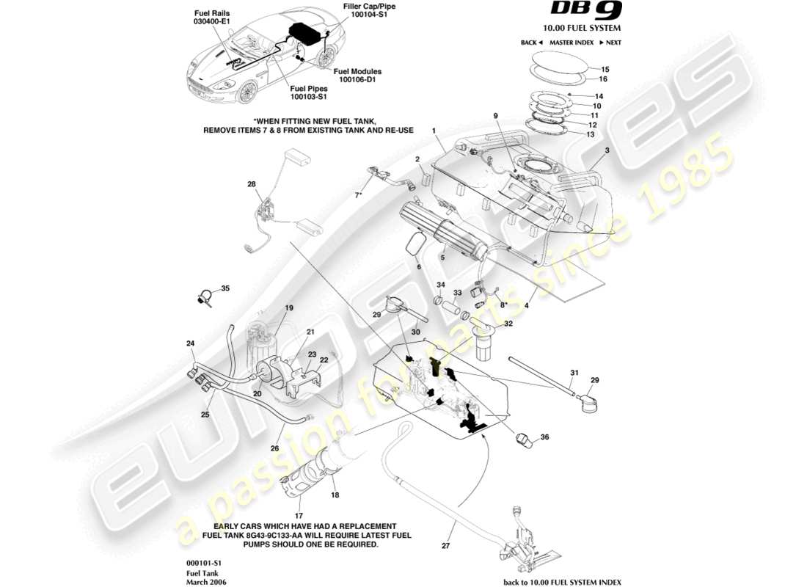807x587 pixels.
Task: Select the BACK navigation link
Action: click(x=530, y=43)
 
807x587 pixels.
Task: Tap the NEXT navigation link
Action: click(x=609, y=43)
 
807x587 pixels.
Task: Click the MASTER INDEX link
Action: click(x=571, y=43)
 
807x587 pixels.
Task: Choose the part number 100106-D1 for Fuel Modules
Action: click(x=357, y=80)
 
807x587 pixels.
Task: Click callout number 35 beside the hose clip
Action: click(x=225, y=288)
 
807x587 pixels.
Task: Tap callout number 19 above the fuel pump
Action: click(x=289, y=308)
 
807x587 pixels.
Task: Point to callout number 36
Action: click(x=544, y=438)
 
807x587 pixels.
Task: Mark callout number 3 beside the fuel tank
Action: click(x=607, y=150)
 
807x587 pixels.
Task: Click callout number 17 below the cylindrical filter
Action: click(x=299, y=506)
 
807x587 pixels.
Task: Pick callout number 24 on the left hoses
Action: click(x=190, y=343)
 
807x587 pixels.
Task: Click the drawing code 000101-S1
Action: click(x=203, y=562)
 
